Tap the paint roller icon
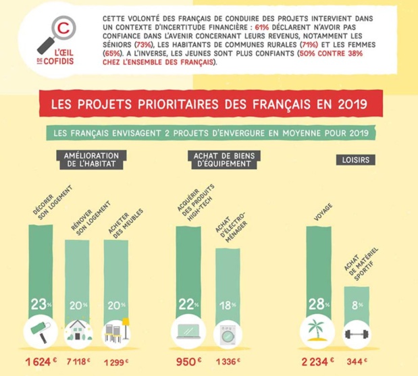[x=39, y=332]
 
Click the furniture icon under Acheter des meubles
[x=117, y=333]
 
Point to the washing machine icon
[x=227, y=333]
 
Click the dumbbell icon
[x=357, y=333]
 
